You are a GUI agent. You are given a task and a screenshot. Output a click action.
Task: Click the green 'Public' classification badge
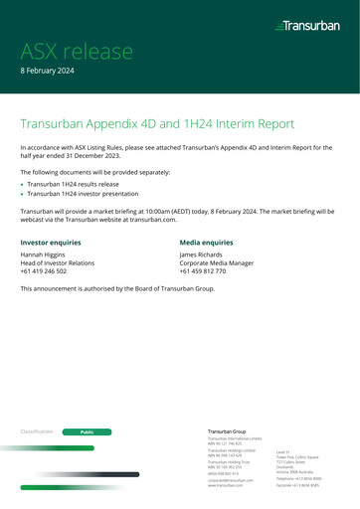(87, 405)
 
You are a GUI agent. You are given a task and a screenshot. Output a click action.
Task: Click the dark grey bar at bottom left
(60, 474)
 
